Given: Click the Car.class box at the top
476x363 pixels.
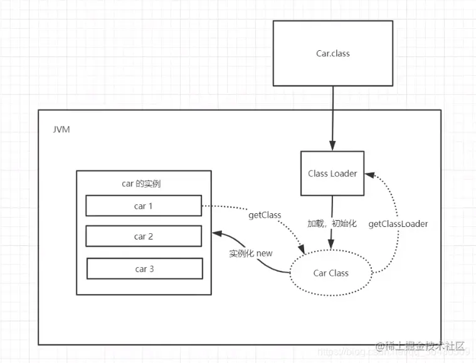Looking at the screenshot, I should (x=332, y=53).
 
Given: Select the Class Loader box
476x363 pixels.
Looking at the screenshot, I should (x=332, y=173).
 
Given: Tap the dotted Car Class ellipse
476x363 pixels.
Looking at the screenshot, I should (x=331, y=273).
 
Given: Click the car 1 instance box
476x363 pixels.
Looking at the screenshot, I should (x=144, y=206).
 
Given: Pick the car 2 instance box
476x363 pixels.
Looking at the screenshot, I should (x=144, y=236).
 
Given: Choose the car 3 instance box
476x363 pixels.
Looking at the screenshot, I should (x=144, y=269).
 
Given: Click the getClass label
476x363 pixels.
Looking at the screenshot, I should (x=264, y=215).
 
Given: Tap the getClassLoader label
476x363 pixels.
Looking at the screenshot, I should (x=398, y=224).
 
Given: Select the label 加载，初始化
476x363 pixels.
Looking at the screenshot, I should (x=332, y=223).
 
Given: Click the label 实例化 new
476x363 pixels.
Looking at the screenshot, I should (x=250, y=253).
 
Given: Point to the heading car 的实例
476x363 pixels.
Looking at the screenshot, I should (x=144, y=184).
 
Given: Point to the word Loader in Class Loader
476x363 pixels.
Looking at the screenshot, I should (x=344, y=173).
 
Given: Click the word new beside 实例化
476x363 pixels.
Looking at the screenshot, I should (x=264, y=253).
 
